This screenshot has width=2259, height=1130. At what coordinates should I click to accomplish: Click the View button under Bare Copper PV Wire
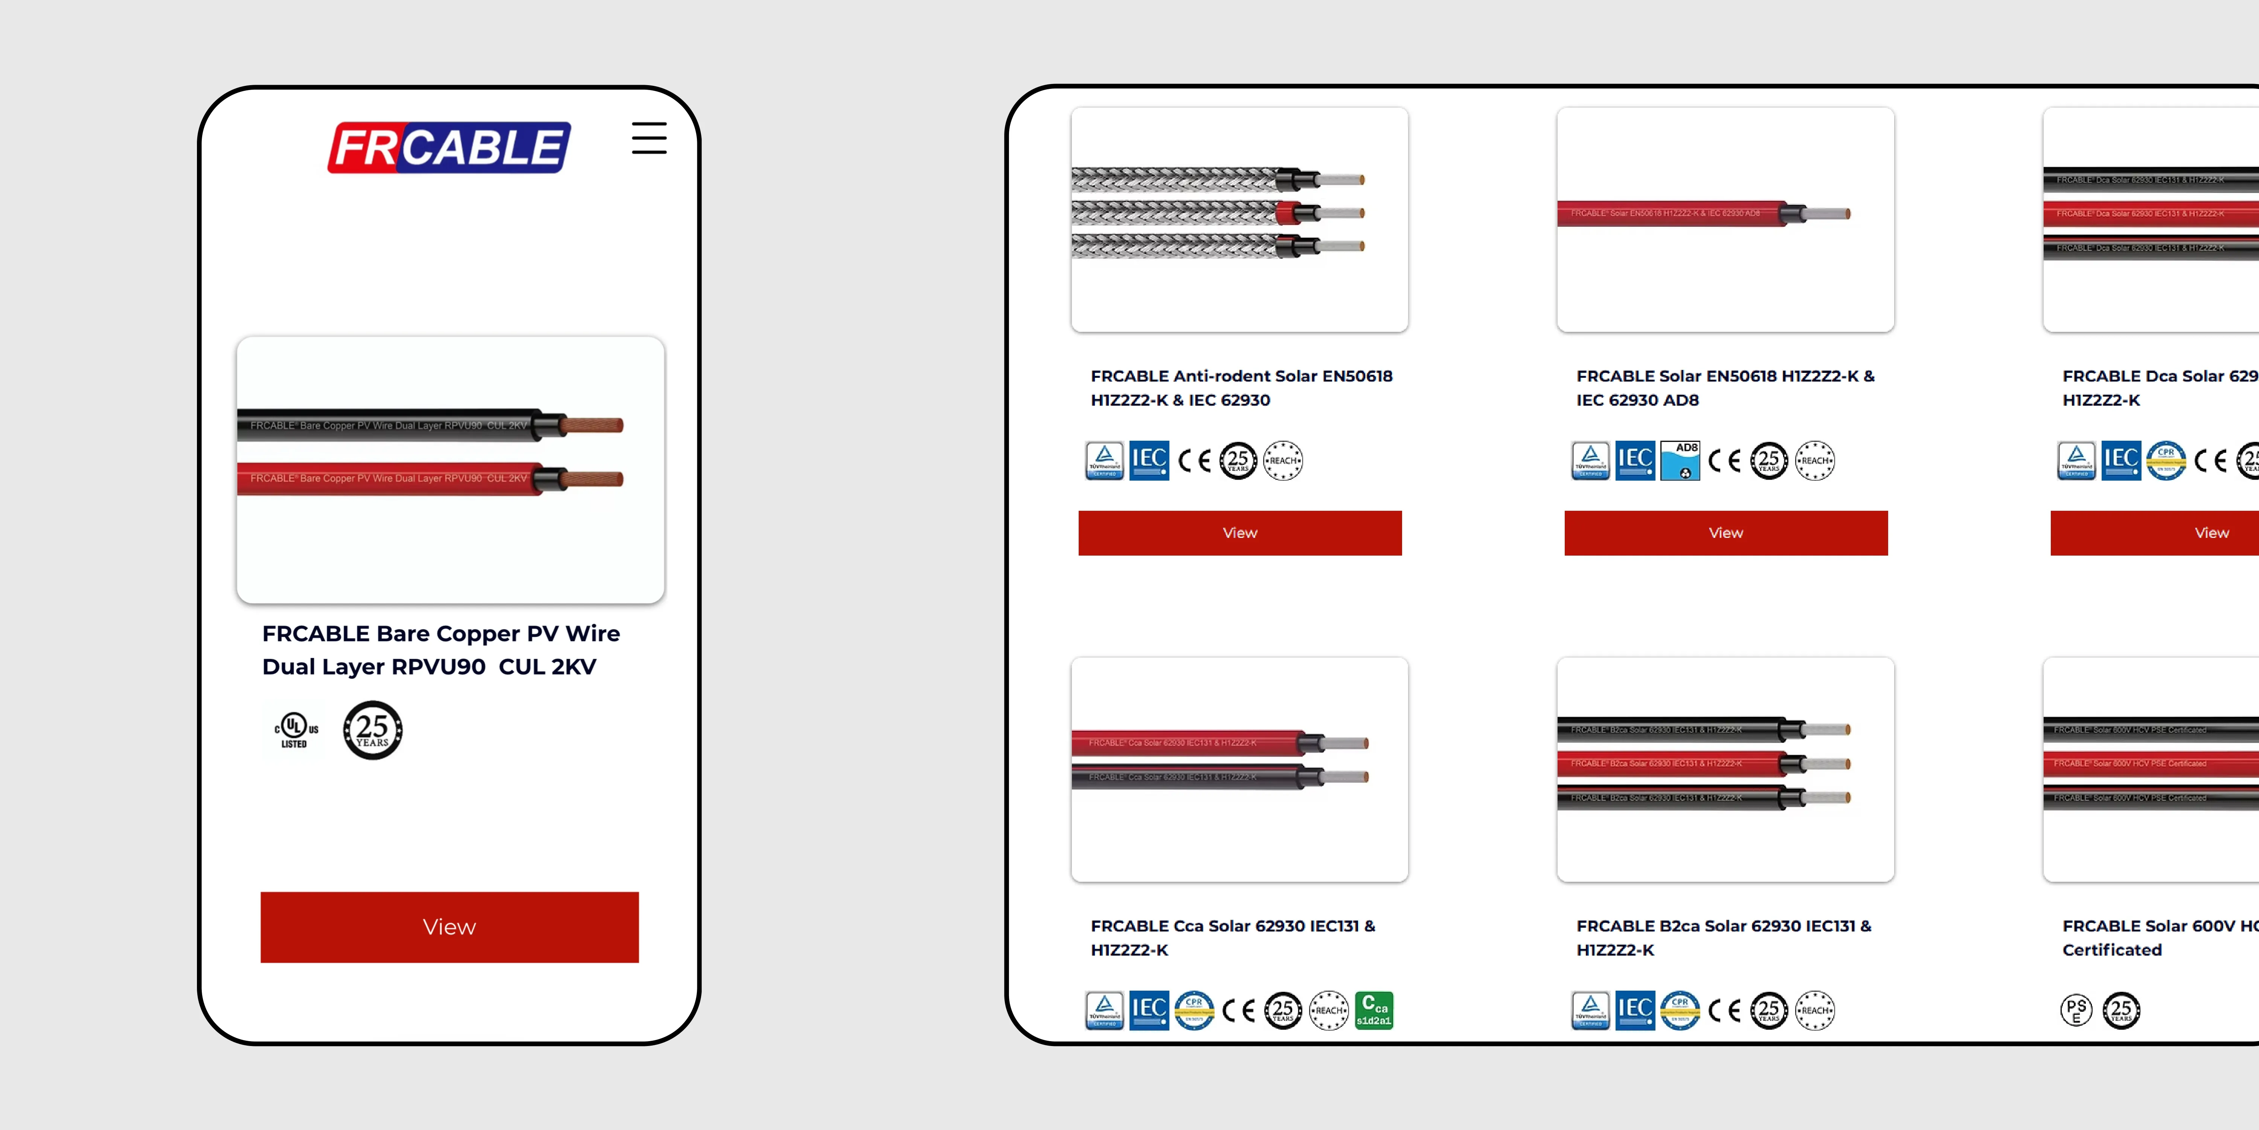click(449, 927)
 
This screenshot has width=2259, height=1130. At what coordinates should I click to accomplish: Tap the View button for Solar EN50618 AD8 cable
click(1725, 533)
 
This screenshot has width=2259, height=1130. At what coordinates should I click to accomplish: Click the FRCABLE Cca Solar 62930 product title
click(1232, 937)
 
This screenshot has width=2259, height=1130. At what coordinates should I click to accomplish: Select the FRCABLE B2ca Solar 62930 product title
click(1723, 937)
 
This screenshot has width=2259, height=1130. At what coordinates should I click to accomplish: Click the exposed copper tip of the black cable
click(592, 426)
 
